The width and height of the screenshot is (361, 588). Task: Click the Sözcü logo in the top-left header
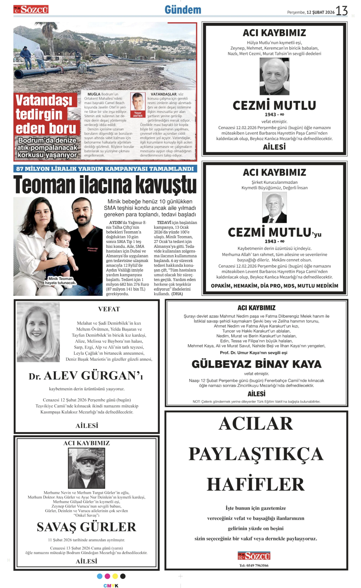click(31, 10)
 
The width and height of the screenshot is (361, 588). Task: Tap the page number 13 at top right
click(341, 11)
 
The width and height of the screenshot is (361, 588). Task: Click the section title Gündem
click(183, 10)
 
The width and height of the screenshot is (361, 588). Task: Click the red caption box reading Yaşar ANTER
click(138, 114)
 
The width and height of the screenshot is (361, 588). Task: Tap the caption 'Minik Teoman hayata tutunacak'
click(60, 281)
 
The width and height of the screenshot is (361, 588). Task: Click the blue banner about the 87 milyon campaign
click(105, 169)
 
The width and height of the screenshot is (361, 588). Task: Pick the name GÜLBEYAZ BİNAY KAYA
click(256, 364)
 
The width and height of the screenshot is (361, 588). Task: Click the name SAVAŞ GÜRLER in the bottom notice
click(87, 527)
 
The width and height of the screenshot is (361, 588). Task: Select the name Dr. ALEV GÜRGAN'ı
click(86, 376)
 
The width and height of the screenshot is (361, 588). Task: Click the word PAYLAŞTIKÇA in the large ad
click(256, 454)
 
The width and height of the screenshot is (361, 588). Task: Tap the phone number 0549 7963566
click(254, 566)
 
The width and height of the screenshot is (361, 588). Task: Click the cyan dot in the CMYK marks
click(100, 576)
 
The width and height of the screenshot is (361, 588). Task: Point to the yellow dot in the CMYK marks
click(115, 576)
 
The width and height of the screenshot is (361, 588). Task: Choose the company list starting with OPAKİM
click(274, 286)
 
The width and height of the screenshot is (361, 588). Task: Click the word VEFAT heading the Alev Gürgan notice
click(109, 309)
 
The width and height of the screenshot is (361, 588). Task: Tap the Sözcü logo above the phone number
click(254, 556)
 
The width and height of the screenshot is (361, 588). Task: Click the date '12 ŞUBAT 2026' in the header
click(320, 12)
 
